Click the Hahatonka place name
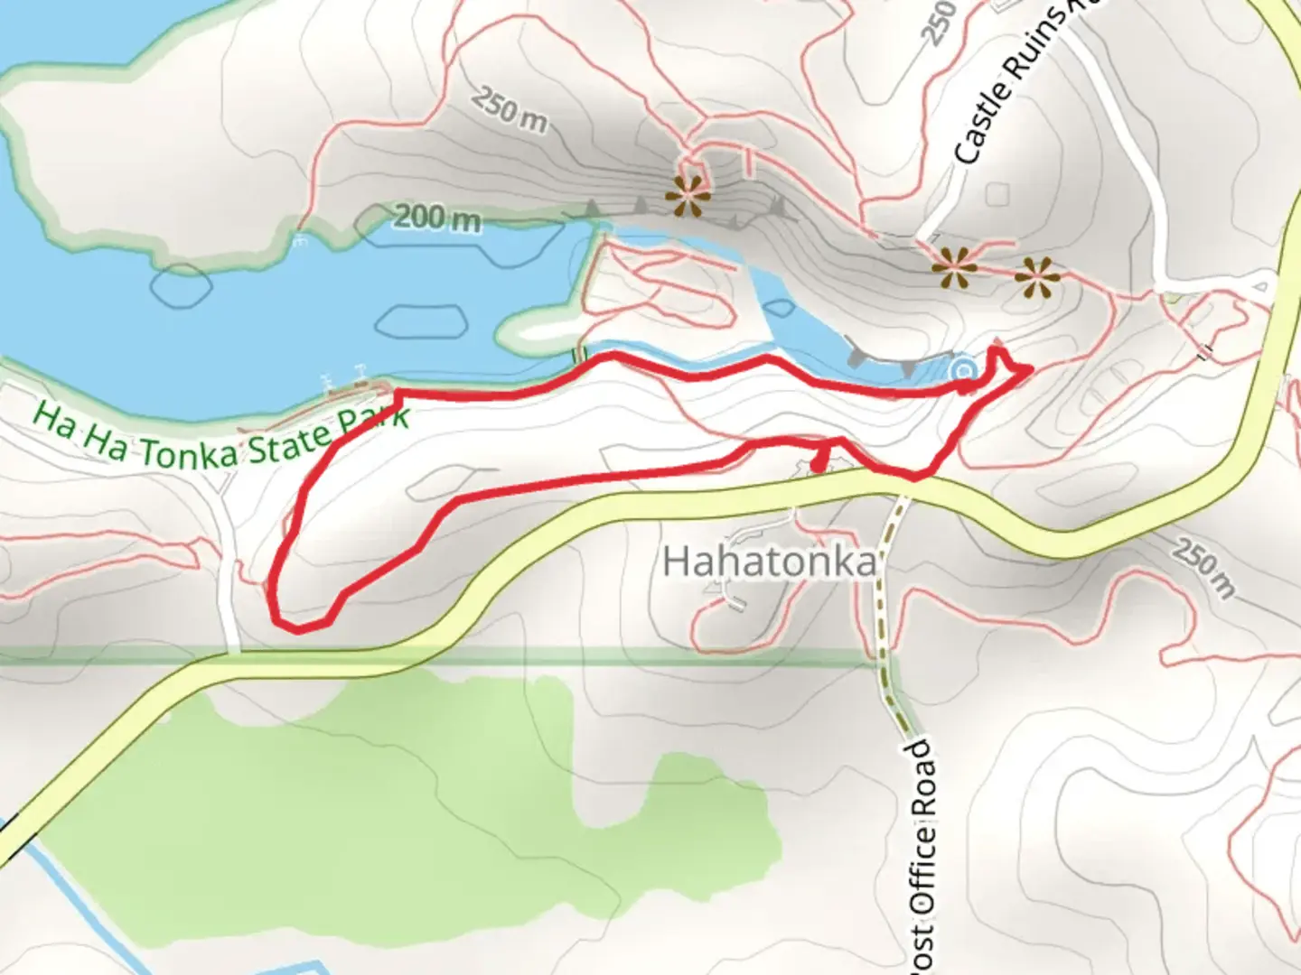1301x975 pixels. coord(770,562)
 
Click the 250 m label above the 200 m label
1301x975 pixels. coord(510,110)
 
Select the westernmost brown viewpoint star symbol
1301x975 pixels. coord(688,194)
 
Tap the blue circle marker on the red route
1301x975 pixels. coord(964,370)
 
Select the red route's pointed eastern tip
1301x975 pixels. coord(1029,368)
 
